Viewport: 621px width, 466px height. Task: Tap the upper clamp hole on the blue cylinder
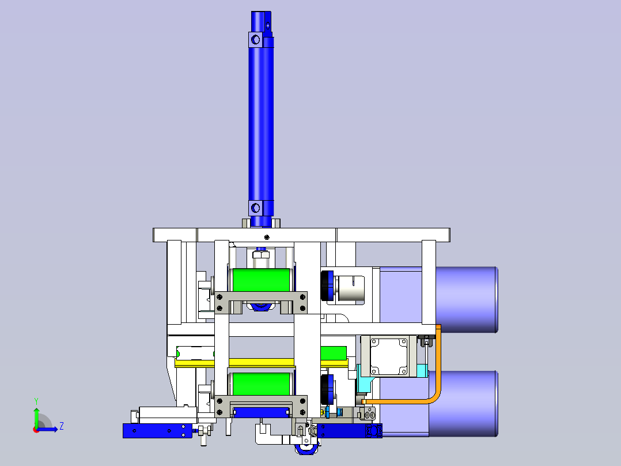(255, 40)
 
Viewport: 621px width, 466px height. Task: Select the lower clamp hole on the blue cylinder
(255, 208)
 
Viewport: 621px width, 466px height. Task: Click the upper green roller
(261, 280)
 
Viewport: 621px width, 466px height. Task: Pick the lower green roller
(261, 384)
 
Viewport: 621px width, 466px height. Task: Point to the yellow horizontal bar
(262, 363)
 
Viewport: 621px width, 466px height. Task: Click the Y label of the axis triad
(36, 401)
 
